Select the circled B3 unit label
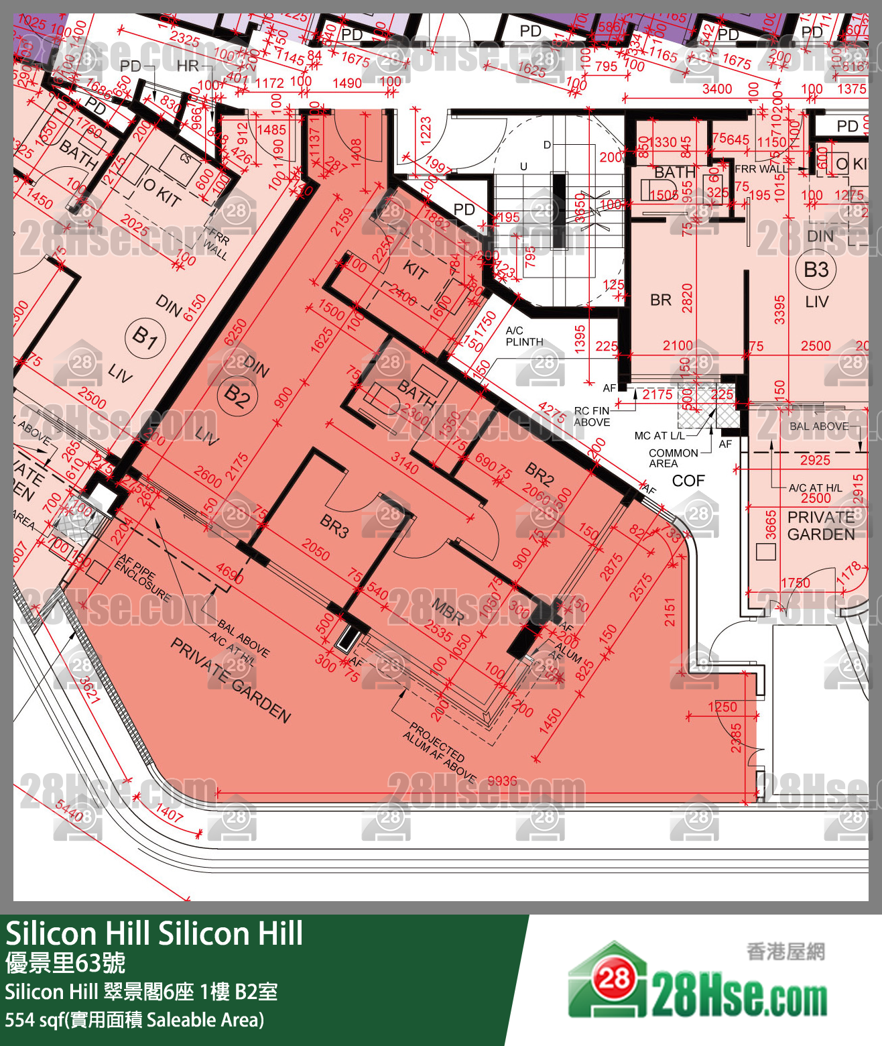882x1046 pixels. tap(816, 270)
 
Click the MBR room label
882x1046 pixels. tap(446, 610)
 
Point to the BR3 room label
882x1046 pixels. tap(334, 526)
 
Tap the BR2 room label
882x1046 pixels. tap(540, 473)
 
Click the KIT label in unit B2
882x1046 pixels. tap(415, 270)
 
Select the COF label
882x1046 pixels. tap(688, 481)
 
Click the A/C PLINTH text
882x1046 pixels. tap(524, 336)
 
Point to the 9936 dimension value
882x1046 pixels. tap(502, 781)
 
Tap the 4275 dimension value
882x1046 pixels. tap(552, 412)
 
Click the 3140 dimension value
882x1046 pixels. tap(405, 463)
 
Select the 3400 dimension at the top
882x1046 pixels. tap(716, 88)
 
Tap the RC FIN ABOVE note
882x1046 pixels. tap(592, 416)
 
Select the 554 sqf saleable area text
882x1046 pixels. tap(135, 1020)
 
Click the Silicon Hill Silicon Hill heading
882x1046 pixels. tap(154, 933)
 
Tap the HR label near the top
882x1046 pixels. tap(188, 66)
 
